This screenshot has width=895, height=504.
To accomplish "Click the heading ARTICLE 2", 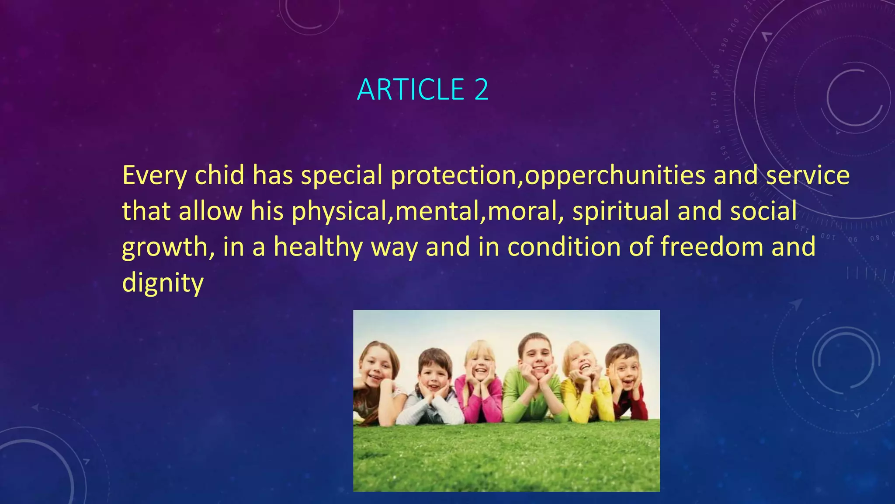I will (422, 90).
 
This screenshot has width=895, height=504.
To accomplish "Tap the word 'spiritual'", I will (621, 211).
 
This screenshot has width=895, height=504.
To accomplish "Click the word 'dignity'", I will (163, 283).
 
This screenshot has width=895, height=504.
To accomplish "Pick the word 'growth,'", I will (168, 247).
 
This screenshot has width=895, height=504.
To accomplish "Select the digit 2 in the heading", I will (481, 90).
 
